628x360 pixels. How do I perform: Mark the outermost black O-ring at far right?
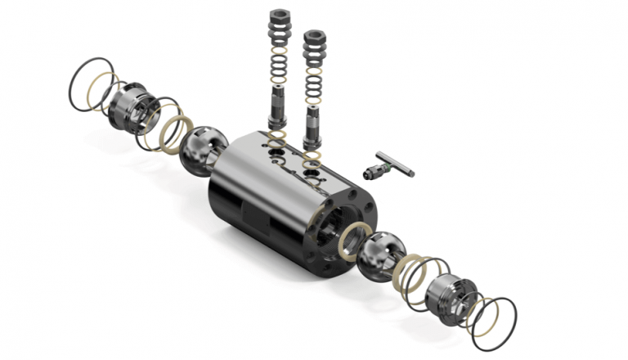[x=496, y=320]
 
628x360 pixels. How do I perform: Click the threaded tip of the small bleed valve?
[x=366, y=174]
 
